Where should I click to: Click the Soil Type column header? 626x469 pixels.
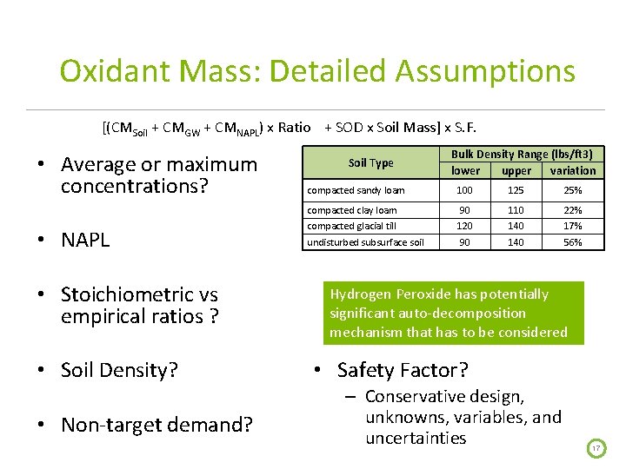point(370,162)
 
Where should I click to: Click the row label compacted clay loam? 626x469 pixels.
point(351,210)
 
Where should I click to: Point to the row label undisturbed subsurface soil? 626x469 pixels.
point(365,242)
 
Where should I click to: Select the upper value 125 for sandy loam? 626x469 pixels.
point(516,190)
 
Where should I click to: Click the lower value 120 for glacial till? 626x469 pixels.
point(465,226)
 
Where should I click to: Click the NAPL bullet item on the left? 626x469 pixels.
point(85,240)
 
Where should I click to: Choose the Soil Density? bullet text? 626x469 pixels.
point(119,370)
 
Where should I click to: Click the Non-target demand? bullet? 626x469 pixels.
point(156,425)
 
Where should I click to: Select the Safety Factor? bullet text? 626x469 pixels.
point(402,370)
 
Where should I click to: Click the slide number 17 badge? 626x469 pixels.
point(596,448)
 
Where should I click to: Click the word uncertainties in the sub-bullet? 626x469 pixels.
point(416,438)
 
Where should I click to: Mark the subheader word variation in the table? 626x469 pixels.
point(573,170)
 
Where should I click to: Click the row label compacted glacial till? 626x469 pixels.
point(351,226)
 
